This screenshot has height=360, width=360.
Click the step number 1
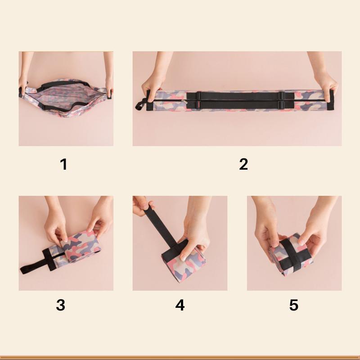point(63,164)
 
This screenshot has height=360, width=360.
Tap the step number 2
point(243,164)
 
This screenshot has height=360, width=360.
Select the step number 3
point(60,305)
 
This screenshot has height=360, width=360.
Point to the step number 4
point(180,305)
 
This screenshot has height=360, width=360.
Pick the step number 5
point(293,305)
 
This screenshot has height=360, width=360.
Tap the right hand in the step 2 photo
point(325,83)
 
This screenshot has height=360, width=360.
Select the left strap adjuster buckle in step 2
point(198,100)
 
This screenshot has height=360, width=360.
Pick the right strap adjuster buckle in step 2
point(281,100)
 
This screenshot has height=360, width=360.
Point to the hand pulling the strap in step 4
point(143,207)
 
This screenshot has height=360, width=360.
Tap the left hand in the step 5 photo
point(265,229)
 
